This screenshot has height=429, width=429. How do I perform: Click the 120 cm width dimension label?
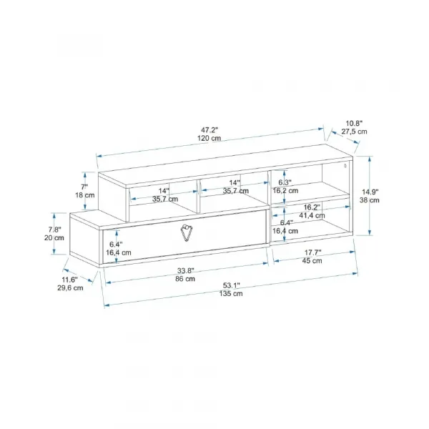click(x=209, y=138)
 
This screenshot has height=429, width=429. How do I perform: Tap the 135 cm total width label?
click(x=231, y=294)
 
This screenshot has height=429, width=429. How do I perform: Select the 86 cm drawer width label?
click(x=185, y=279)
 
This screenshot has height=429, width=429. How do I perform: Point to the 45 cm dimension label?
click(x=312, y=261)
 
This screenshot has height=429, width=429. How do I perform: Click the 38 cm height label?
click(x=370, y=200)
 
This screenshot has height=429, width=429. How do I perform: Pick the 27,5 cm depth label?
click(x=354, y=132)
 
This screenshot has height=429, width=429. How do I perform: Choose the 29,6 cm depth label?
click(x=70, y=288)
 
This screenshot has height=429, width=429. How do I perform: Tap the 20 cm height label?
click(x=54, y=238)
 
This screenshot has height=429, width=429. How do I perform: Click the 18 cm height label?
click(x=85, y=195)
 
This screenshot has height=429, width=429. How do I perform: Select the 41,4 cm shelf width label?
click(x=312, y=215)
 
